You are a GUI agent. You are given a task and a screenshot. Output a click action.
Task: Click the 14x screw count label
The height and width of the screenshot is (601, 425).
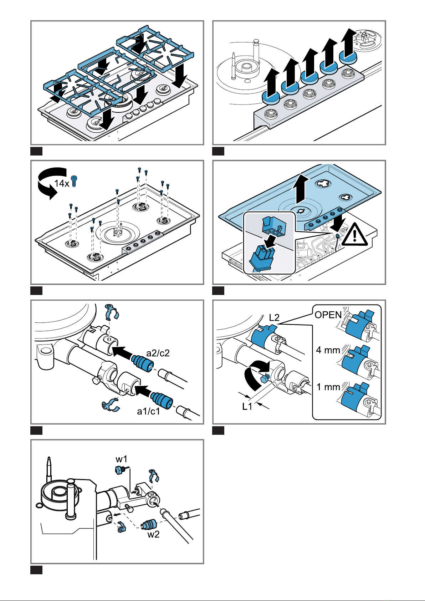pos(62,183)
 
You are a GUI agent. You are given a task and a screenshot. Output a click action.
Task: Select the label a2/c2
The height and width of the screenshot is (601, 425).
pos(158,353)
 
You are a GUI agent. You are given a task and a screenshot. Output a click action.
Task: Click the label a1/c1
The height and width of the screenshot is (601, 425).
pos(149,411)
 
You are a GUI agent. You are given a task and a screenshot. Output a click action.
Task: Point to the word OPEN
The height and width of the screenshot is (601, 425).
pos(328,315)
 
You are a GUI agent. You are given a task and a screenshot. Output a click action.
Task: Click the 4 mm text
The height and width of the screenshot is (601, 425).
pos(328,350)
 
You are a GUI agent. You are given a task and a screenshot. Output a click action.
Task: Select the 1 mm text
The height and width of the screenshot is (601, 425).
pos(328,387)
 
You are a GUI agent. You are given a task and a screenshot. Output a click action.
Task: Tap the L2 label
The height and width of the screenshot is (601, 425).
pos(274,317)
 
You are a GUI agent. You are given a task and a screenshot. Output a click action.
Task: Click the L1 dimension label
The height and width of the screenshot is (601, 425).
pos(247,406)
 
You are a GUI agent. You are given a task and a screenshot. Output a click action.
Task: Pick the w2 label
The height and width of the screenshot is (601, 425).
pos(153,534)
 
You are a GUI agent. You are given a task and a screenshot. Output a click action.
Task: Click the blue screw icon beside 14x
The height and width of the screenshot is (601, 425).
pos(74,181)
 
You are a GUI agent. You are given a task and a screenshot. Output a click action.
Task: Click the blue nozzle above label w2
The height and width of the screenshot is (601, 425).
pos(149,525)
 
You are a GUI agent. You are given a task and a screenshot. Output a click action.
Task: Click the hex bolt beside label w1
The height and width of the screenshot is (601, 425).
pos(119,470)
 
